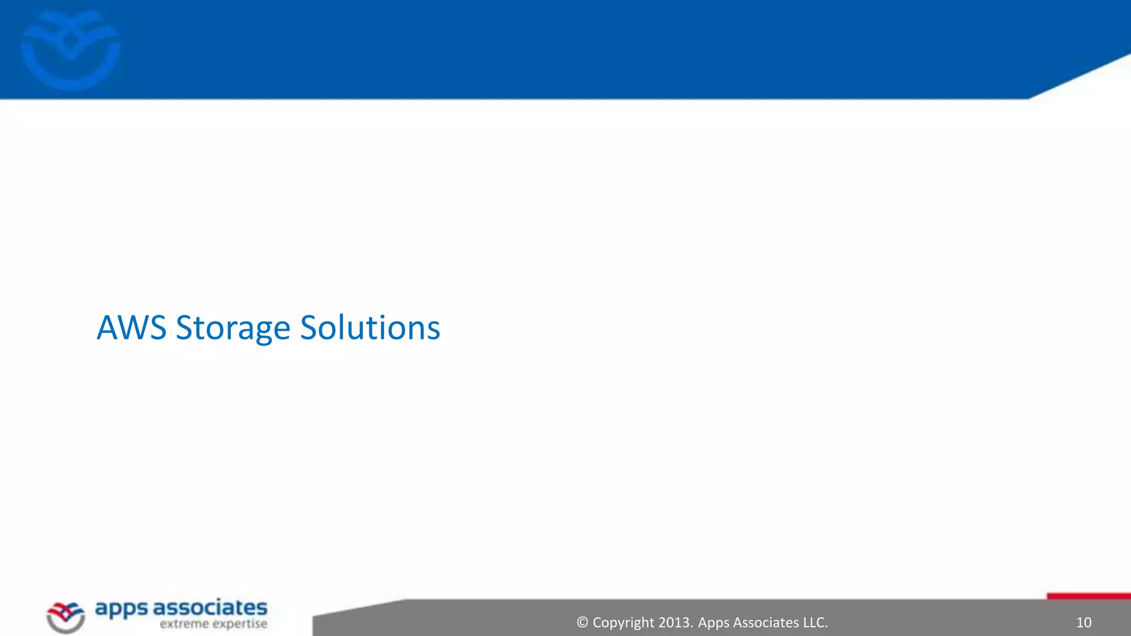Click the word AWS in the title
tap(131, 328)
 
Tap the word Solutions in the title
tap(370, 328)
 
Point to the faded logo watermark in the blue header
tap(70, 50)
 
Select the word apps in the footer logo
tap(121, 609)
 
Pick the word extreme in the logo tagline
tap(184, 624)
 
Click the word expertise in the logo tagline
tap(240, 624)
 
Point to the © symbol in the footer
tap(582, 623)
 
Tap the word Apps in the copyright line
tap(713, 623)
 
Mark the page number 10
tap(1084, 623)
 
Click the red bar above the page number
tap(1088, 596)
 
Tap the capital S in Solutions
tap(309, 328)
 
